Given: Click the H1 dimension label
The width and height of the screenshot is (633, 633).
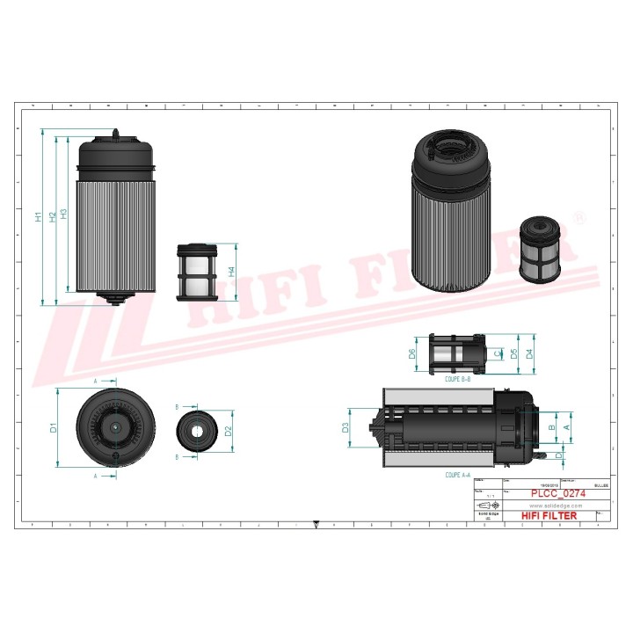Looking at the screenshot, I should [x=38, y=216].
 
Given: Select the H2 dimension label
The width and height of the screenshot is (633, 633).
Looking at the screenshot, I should [x=52, y=215].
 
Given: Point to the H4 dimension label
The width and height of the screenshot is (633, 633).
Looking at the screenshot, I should [x=231, y=272].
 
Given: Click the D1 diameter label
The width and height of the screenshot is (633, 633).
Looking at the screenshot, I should [x=53, y=428].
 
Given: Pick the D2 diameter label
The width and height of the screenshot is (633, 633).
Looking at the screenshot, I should [x=228, y=431].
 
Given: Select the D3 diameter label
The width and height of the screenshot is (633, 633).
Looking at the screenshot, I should [x=346, y=428].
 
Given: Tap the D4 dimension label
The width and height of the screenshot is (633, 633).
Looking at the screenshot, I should [x=528, y=354].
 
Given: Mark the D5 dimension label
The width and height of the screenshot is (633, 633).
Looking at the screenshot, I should [x=513, y=354].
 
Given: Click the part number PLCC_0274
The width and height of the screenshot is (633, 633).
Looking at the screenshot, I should [x=558, y=493].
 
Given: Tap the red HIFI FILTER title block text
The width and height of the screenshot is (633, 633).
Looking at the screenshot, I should [x=549, y=515].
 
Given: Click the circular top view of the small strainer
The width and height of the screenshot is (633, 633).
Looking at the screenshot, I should [x=195, y=431].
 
